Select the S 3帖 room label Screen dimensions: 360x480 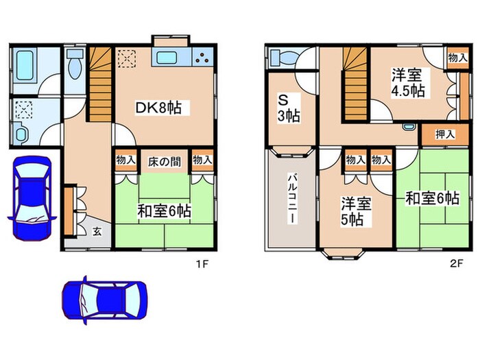point(288,106)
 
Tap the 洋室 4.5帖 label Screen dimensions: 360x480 point(407,82)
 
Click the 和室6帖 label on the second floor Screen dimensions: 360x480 point(431,199)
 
